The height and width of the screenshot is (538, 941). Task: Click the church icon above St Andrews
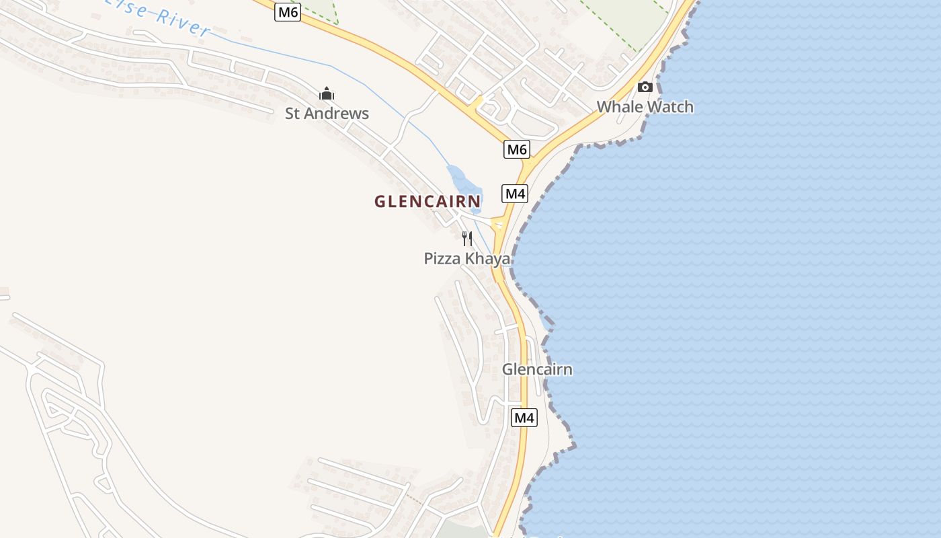click(327, 93)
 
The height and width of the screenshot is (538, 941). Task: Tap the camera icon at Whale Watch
click(645, 87)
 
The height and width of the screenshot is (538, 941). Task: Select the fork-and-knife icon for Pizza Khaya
click(467, 238)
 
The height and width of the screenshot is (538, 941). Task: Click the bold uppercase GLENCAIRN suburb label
click(427, 201)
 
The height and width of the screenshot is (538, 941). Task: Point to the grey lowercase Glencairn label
click(537, 369)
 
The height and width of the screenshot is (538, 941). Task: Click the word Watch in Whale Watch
click(669, 107)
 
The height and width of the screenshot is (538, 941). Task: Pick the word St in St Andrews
click(292, 114)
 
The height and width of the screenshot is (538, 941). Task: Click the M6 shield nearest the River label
click(287, 12)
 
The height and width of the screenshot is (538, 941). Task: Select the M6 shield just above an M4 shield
click(516, 149)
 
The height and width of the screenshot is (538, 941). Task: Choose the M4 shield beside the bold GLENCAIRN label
click(515, 194)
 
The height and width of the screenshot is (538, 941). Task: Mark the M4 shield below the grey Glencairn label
click(524, 418)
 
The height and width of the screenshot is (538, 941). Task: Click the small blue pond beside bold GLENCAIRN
click(464, 185)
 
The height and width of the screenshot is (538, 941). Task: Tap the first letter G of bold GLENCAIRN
click(380, 201)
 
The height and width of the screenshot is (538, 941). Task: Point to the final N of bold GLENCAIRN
click(476, 201)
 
